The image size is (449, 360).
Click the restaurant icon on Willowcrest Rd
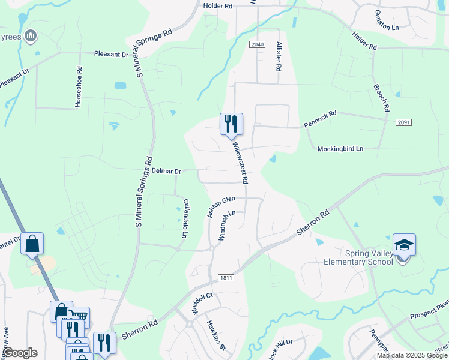(231, 124)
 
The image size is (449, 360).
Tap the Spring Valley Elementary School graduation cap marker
(404, 245)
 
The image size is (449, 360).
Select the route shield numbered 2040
(257, 45)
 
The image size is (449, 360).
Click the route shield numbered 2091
(403, 122)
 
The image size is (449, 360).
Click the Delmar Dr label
(166, 171)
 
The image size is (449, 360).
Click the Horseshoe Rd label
(78, 88)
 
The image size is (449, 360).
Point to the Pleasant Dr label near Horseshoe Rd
(112, 54)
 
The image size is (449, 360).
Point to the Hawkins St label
(216, 335)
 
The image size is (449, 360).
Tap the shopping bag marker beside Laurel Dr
(32, 244)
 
